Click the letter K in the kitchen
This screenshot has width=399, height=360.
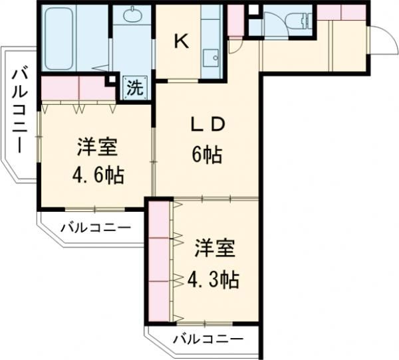coord(181,41)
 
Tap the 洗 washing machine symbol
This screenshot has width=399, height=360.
coord(134,86)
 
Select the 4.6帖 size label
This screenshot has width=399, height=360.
coord(96,176)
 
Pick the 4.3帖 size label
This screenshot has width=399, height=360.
coord(211,280)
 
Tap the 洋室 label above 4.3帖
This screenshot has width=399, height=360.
coord(213,251)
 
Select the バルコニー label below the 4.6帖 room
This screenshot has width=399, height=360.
coord(95,228)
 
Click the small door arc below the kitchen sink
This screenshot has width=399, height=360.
coord(234,45)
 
